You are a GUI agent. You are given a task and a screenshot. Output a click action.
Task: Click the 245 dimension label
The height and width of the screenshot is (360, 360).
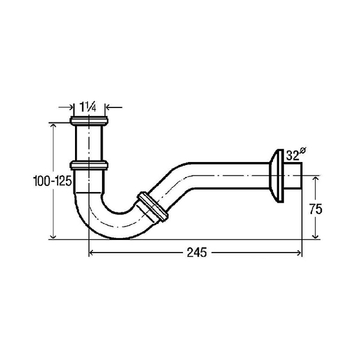(197, 253)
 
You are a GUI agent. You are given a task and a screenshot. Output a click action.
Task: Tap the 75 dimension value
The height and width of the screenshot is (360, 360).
(316, 209)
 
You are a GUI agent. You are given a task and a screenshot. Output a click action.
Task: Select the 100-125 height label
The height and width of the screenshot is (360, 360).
(53, 181)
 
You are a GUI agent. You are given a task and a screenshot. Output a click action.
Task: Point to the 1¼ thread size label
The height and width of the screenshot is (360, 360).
(88, 107)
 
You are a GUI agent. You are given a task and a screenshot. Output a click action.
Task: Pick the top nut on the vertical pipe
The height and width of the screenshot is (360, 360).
(89, 121)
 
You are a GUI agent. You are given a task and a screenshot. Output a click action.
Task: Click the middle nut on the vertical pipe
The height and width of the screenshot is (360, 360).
(89, 165)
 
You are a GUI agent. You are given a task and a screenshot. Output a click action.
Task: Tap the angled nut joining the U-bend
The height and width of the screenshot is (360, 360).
(152, 207)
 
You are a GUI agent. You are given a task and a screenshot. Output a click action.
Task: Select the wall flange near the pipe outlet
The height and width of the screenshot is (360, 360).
(277, 176)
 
